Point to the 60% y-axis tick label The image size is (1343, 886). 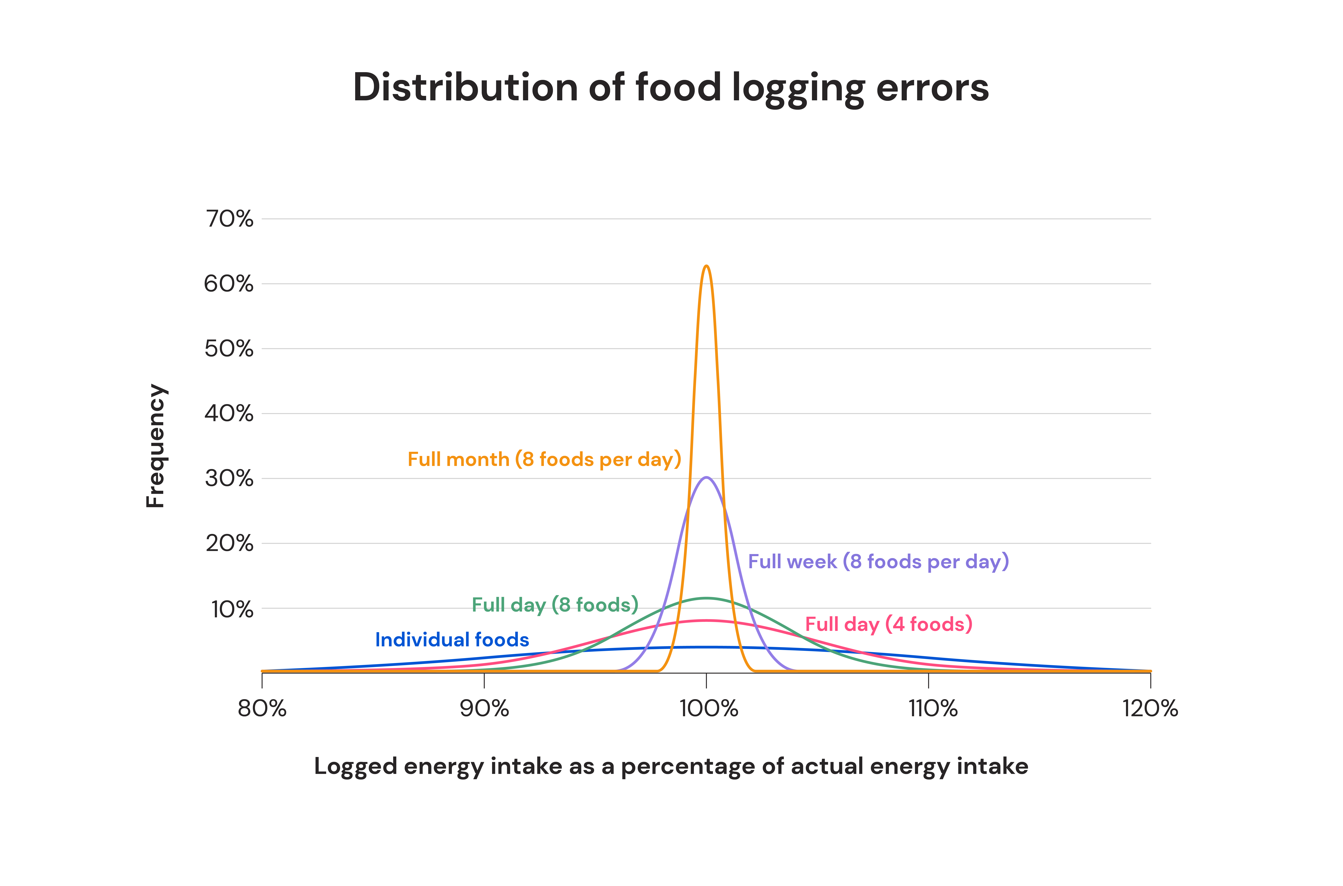228,284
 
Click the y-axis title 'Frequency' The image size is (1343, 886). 156,446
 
